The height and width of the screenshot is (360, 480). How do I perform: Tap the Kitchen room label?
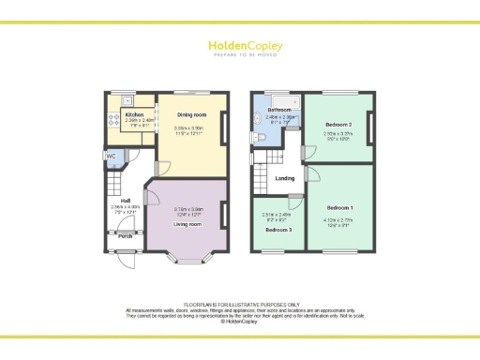click(135, 115)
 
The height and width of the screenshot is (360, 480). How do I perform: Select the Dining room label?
click(190, 113)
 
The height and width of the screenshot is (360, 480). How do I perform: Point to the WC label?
click(111, 156)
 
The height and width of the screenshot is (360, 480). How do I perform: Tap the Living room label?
click(188, 225)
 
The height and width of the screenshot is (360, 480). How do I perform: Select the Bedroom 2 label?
click(338, 125)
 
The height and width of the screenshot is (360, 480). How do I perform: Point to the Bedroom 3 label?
click(278, 230)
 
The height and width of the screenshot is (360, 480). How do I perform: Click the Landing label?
click(285, 177)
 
